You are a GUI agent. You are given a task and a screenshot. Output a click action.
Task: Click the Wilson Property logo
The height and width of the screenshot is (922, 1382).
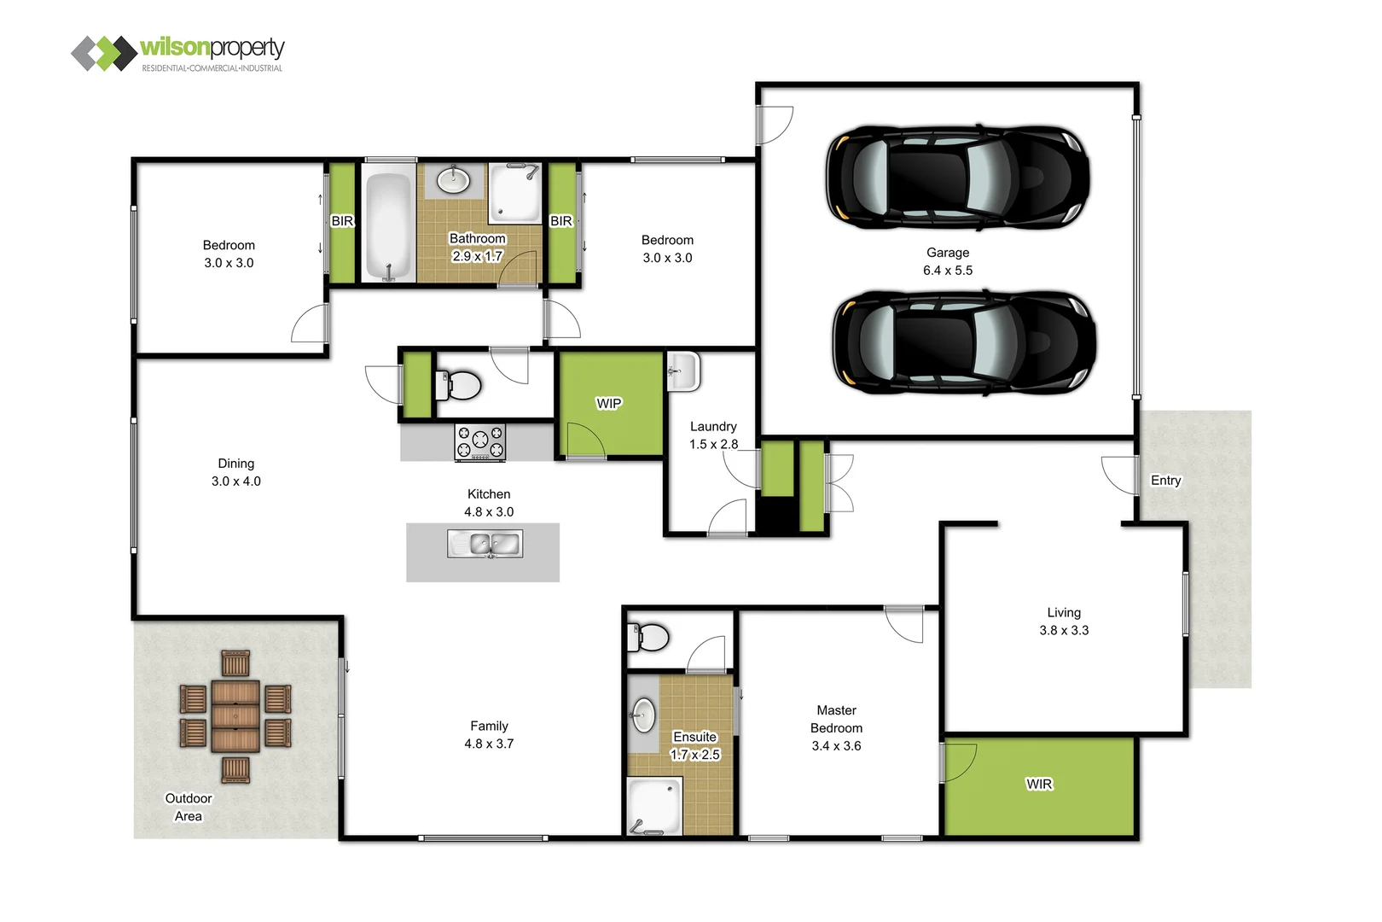(177, 53)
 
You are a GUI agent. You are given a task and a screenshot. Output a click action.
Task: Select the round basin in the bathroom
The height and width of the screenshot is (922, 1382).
(453, 180)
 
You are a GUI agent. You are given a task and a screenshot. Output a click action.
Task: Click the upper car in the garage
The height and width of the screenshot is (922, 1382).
(956, 177)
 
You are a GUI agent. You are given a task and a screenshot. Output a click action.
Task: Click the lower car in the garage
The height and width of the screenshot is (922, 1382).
(963, 341)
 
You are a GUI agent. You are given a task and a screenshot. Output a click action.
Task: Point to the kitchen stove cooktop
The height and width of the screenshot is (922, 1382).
(480, 442)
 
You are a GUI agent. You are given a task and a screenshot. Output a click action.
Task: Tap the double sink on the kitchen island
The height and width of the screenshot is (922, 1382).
(485, 544)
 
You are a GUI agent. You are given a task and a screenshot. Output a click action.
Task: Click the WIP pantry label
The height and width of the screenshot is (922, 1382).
(608, 404)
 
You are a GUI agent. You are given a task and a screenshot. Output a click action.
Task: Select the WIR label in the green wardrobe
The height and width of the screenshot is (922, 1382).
(1039, 785)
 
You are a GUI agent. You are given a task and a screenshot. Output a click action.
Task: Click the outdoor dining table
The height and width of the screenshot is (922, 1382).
(235, 715)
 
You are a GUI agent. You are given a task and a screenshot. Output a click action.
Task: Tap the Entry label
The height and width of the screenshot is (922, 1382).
(1165, 481)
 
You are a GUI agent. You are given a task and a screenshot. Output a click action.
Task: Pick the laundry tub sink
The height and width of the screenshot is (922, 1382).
(683, 371)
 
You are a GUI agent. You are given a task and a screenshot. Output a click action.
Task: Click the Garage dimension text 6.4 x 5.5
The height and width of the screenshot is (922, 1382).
(947, 271)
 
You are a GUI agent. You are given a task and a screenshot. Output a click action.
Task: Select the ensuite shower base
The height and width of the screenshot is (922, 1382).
(655, 806)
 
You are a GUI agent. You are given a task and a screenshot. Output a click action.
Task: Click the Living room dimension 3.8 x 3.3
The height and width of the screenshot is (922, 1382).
(1064, 631)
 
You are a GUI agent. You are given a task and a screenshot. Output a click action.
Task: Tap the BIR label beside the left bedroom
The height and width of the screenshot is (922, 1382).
(342, 221)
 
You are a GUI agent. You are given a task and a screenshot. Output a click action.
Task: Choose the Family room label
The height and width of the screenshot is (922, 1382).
(489, 726)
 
